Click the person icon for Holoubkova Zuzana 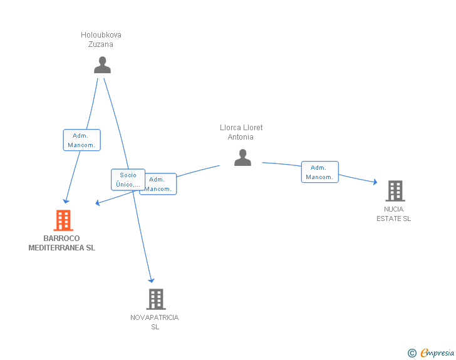coord(102,65)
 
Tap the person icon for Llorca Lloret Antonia coord(242,157)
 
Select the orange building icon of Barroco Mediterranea coord(63,220)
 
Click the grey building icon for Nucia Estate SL coord(395,191)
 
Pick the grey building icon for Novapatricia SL coord(156,299)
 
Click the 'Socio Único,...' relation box coord(128,180)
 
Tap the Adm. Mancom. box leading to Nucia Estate coord(320,172)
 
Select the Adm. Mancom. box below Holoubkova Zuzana coord(81,140)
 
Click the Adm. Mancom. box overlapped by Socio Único coord(160,184)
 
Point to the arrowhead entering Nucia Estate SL coord(375,182)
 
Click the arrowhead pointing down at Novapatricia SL coord(151,280)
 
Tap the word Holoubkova coord(101,35)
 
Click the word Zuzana coord(101,44)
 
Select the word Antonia coord(241,137)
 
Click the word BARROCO coord(61,239)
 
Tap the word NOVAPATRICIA coord(155,317)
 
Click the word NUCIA coord(394,209)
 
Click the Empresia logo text coord(437,352)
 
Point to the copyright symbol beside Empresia coord(412,353)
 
